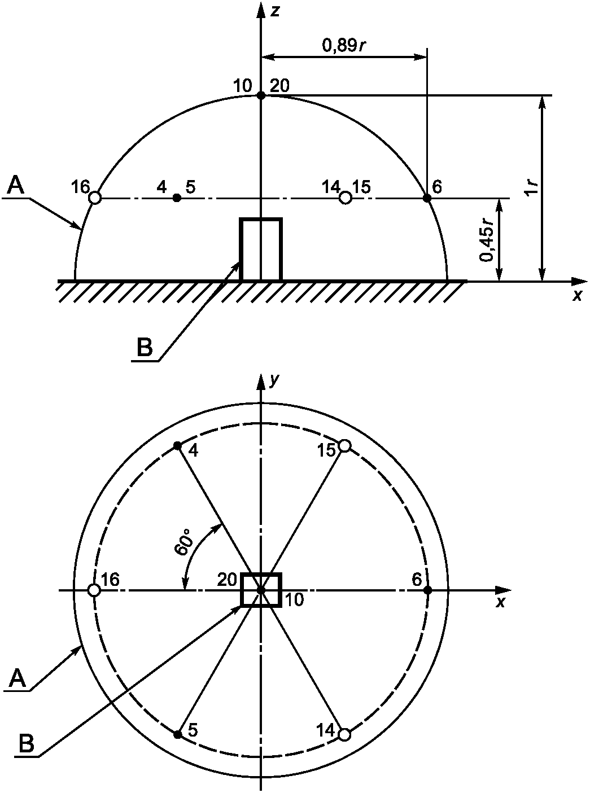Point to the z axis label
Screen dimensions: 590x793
(x=275, y=11)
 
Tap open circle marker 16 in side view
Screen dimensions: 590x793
(x=95, y=198)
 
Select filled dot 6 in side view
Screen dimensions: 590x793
(x=427, y=198)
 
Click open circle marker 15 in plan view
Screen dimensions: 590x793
(x=344, y=445)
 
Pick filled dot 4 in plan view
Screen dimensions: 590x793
(x=177, y=445)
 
